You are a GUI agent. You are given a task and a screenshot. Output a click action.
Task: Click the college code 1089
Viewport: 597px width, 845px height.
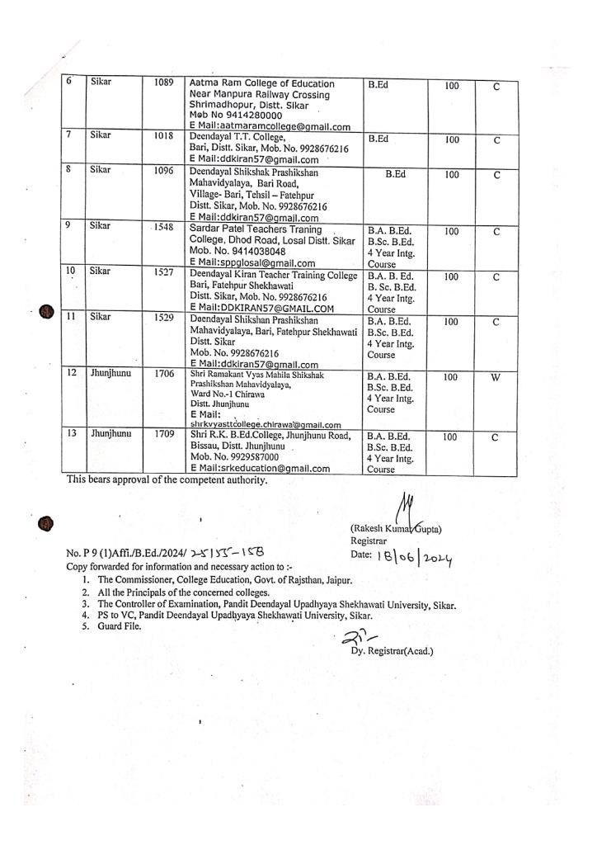163,83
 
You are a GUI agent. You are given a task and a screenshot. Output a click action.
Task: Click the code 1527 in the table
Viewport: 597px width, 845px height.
163,271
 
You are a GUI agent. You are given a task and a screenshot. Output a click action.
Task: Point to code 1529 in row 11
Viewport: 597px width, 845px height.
163,317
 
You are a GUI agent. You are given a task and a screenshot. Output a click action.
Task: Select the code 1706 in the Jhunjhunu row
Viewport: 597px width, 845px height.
163,374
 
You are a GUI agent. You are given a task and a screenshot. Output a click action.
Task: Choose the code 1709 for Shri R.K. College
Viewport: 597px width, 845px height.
163,432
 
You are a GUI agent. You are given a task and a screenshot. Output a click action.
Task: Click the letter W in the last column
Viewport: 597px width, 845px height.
495,377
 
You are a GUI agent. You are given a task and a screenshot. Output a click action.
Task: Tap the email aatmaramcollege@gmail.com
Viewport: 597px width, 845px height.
282,126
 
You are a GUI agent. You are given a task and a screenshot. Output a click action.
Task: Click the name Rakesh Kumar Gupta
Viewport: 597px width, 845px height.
396,529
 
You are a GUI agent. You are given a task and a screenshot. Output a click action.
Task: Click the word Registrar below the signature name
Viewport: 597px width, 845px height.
369,541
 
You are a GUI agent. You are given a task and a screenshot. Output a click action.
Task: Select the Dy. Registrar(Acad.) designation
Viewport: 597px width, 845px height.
392,651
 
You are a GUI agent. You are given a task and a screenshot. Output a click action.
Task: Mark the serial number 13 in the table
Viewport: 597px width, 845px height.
72,432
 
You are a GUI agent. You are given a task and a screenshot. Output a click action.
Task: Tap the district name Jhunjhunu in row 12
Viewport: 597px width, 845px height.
110,374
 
